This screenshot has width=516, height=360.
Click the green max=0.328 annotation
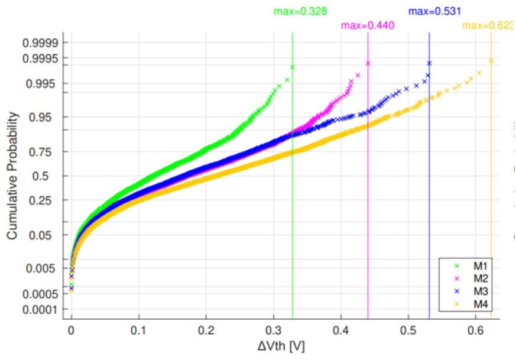click(300, 11)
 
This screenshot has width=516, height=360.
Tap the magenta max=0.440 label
click(367, 25)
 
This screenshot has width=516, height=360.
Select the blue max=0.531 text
click(434, 11)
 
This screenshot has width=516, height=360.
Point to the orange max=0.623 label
click(488, 25)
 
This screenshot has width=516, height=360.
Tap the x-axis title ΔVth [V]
click(281, 346)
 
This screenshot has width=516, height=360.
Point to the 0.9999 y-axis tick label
click(41, 43)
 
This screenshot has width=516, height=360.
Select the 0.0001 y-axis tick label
click(41, 309)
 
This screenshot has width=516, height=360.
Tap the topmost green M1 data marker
click(293, 67)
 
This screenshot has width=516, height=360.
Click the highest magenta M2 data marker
click(368, 63)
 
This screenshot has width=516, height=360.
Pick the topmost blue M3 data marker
click(429, 63)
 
